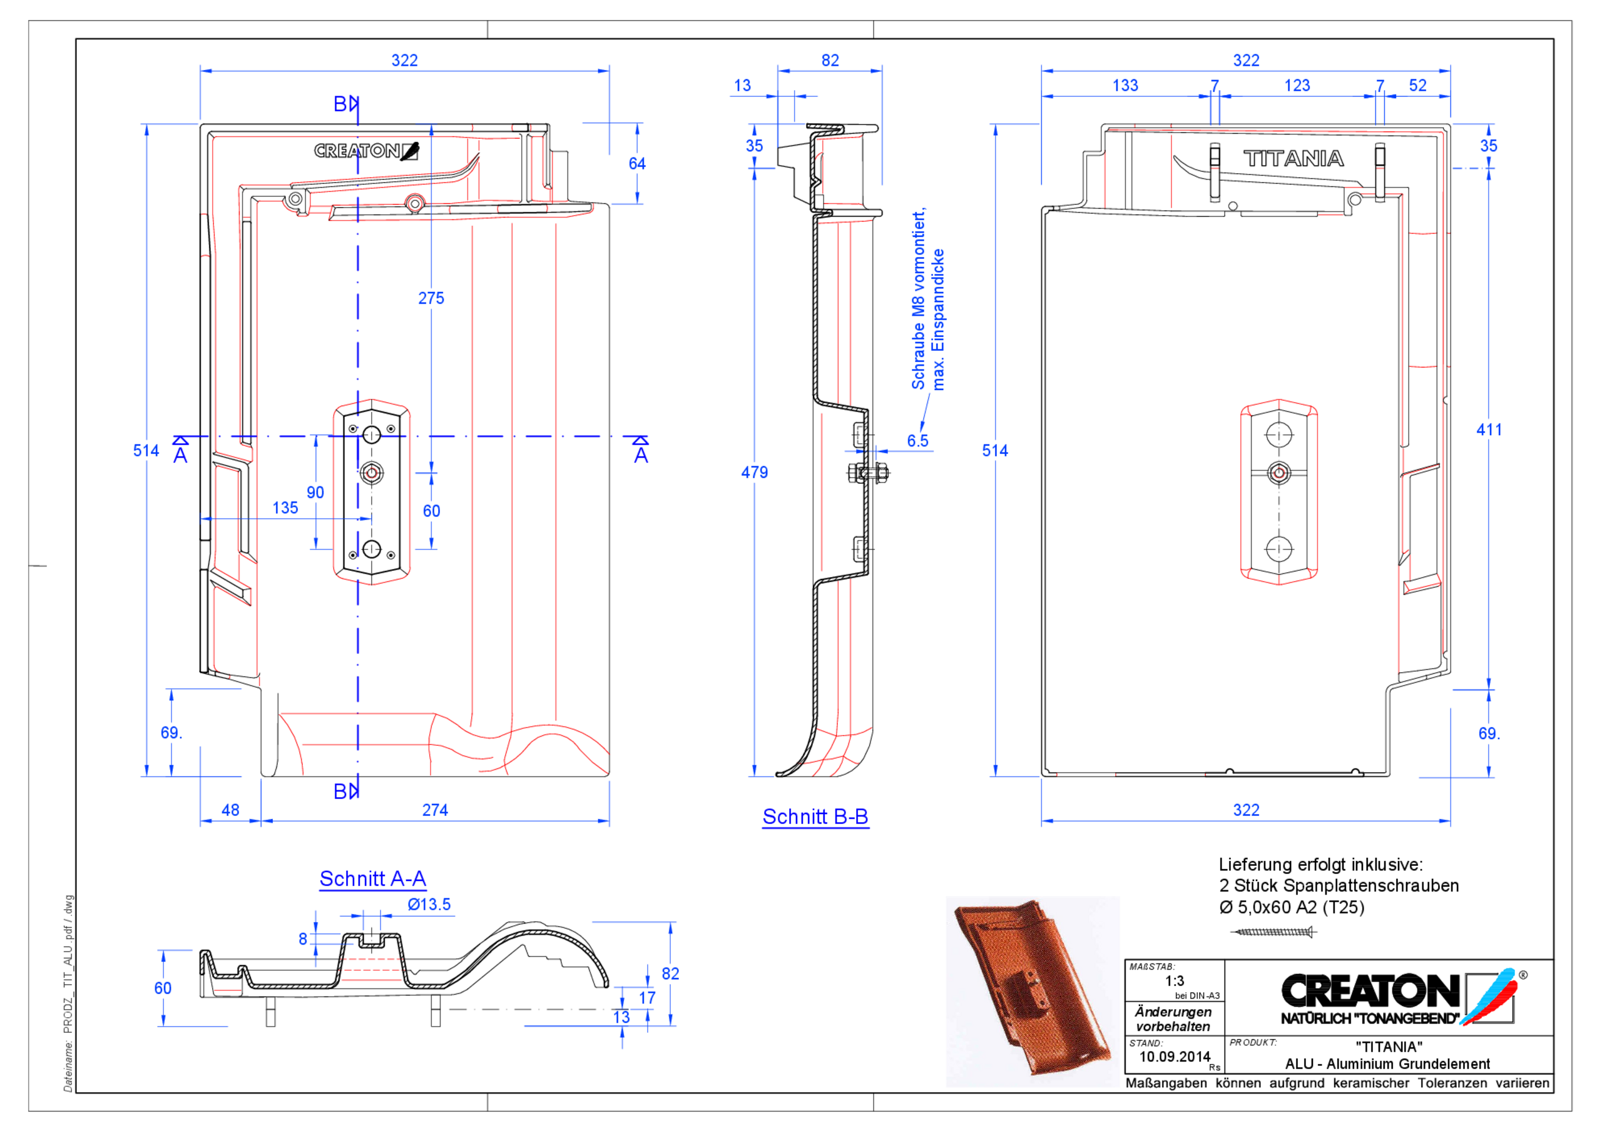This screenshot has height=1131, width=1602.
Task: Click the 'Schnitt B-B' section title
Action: (x=815, y=817)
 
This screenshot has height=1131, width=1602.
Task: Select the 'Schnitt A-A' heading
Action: (x=372, y=878)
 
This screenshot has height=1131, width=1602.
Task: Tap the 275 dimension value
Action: (x=431, y=298)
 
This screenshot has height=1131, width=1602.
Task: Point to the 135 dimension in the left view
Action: (x=285, y=508)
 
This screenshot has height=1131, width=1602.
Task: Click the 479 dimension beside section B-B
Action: (x=754, y=472)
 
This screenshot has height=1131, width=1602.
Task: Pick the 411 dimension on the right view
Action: (x=1488, y=430)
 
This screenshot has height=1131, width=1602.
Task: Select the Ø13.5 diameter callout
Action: (x=429, y=905)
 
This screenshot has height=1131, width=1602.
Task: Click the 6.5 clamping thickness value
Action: (x=917, y=441)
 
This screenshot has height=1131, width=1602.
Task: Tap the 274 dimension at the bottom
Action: (x=435, y=810)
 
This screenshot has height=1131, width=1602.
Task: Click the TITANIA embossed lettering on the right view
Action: (x=1293, y=159)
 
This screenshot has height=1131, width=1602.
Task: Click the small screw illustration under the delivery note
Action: (x=1273, y=932)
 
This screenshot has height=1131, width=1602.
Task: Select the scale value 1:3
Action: (x=1175, y=980)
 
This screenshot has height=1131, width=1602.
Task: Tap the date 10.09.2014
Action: (x=1175, y=1057)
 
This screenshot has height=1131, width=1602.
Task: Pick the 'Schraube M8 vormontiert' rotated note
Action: (x=918, y=300)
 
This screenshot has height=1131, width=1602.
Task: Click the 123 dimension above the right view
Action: (x=1297, y=86)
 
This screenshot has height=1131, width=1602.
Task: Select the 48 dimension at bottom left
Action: (x=230, y=810)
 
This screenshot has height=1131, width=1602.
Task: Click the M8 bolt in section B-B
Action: (x=868, y=473)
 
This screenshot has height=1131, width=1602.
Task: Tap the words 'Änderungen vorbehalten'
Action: (x=1173, y=1018)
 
